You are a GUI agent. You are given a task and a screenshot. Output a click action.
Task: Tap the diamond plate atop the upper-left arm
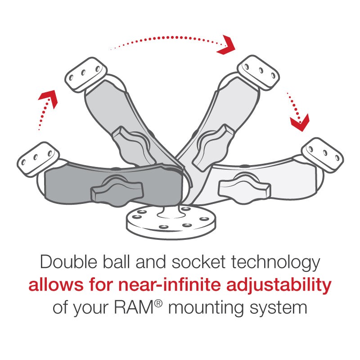[86, 74]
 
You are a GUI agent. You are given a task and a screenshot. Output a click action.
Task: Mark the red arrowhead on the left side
[50, 97]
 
